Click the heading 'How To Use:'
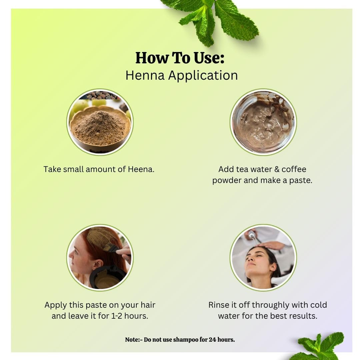pyautogui.click(x=180, y=58)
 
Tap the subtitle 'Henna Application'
pyautogui.click(x=181, y=75)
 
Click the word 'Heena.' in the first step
pyautogui.click(x=141, y=169)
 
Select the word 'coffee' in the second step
pyautogui.click(x=294, y=169)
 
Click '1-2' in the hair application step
pyautogui.click(x=116, y=316)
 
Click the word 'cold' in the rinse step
pyautogui.click(x=318, y=305)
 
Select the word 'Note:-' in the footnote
pyautogui.click(x=134, y=340)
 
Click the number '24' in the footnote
pyautogui.click(x=212, y=340)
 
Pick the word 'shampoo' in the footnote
pyautogui.click(x=186, y=340)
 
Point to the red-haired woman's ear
pyautogui.click(x=97, y=265)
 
